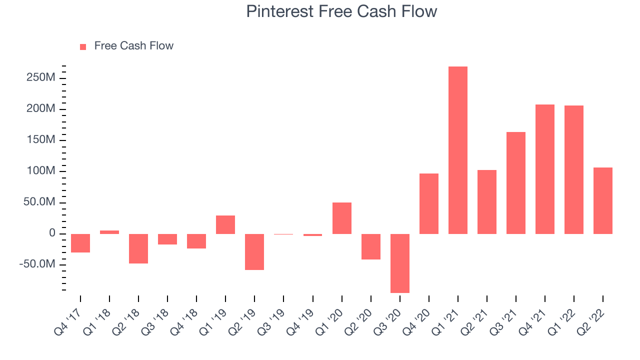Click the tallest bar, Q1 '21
(x=457, y=150)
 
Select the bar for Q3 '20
(x=399, y=263)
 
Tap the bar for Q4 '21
(x=545, y=169)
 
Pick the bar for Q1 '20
(x=341, y=218)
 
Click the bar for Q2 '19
(x=254, y=252)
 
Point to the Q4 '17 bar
(x=80, y=243)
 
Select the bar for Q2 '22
(x=603, y=201)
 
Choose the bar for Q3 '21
(x=515, y=183)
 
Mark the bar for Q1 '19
(x=225, y=225)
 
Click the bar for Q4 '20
(x=429, y=203)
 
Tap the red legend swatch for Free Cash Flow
(x=83, y=47)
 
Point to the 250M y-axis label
(x=41, y=77)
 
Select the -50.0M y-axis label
(x=37, y=264)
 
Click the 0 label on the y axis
(x=52, y=233)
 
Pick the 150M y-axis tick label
(x=41, y=139)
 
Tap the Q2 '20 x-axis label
(x=358, y=322)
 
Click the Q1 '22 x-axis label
(x=561, y=322)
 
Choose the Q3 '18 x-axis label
(x=155, y=322)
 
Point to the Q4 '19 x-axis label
(x=300, y=322)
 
